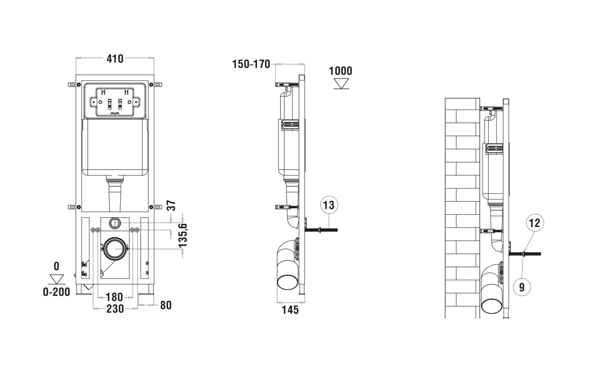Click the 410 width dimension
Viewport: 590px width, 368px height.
[115, 59]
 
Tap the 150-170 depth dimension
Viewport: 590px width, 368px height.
[251, 64]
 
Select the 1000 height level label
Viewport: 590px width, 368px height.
[340, 71]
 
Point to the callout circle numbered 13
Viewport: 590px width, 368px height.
[329, 205]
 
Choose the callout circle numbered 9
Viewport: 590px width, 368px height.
[521, 287]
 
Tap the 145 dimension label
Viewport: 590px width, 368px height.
[290, 310]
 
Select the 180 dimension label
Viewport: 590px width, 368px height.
[114, 297]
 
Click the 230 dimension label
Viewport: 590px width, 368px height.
[115, 309]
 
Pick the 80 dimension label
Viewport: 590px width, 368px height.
[166, 305]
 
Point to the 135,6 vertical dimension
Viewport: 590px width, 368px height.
[183, 235]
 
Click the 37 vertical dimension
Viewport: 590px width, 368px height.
[172, 206]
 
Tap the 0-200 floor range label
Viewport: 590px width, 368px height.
[56, 292]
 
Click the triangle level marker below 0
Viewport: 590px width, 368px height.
[57, 279]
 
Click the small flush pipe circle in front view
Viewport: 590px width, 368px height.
[115, 223]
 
